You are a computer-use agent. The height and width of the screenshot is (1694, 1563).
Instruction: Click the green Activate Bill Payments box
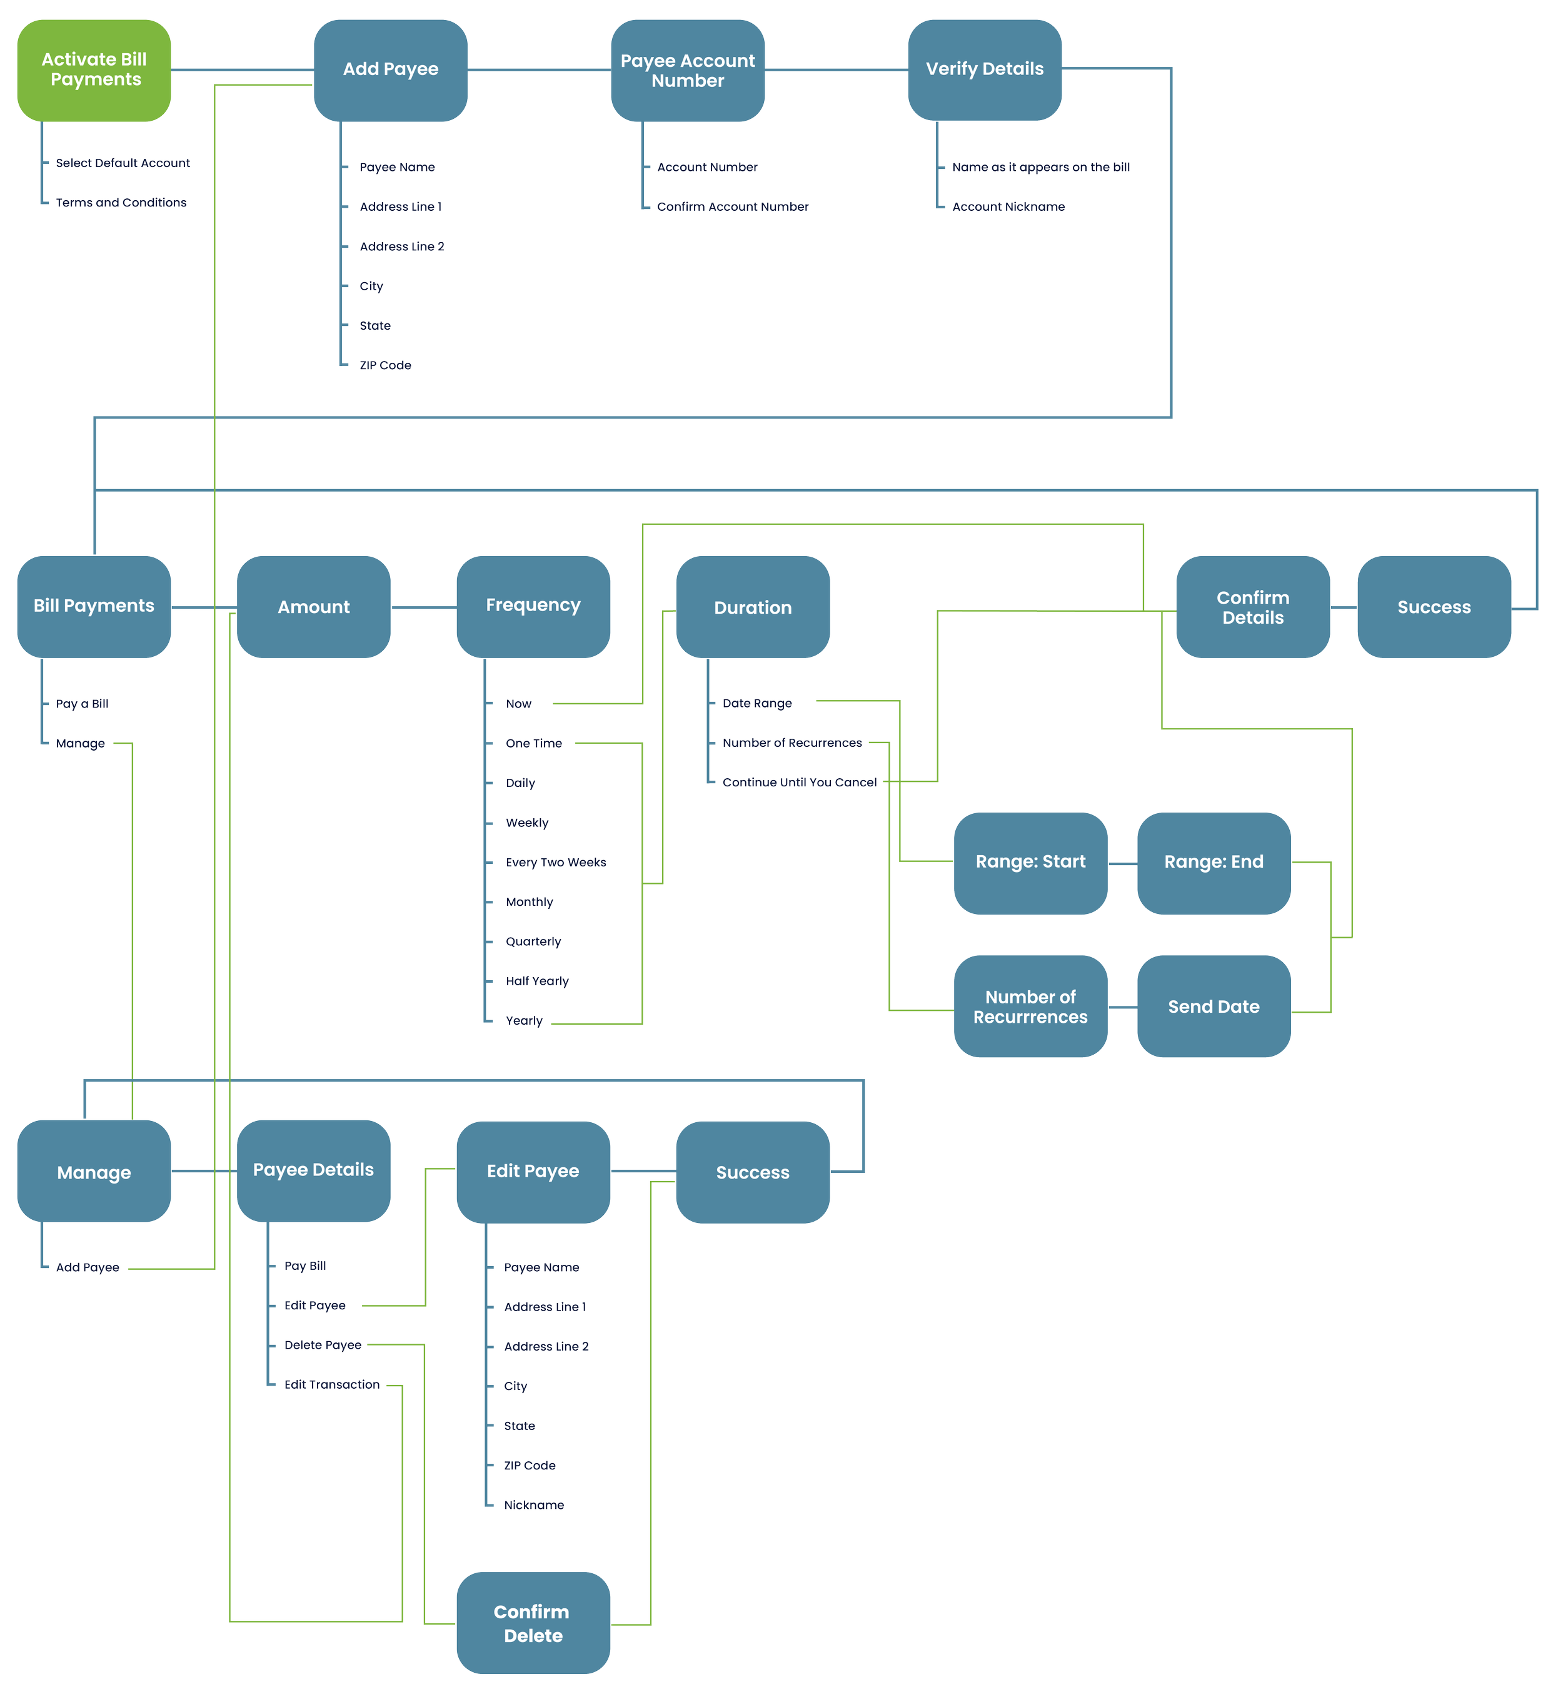(94, 69)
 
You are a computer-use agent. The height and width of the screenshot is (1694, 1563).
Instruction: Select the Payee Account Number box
(688, 70)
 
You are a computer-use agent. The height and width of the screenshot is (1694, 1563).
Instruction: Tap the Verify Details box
(985, 69)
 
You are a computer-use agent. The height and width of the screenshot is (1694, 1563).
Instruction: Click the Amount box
(313, 607)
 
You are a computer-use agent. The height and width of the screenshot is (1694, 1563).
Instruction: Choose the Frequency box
(533, 606)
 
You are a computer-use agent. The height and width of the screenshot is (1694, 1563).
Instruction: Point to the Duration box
(753, 607)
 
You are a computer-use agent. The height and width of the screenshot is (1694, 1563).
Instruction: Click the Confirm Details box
(1253, 607)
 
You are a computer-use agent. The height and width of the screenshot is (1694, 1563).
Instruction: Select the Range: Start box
(1030, 862)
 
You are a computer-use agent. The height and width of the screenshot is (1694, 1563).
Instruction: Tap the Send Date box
(1214, 1006)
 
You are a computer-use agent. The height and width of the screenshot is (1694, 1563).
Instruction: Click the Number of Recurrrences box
(1030, 1006)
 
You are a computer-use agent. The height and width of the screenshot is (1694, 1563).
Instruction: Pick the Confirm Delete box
(533, 1623)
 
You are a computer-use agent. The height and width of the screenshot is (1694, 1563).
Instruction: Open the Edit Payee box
(533, 1171)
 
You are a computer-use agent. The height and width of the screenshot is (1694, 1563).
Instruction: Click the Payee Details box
(313, 1170)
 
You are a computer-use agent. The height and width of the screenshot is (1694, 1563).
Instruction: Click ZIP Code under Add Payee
(385, 365)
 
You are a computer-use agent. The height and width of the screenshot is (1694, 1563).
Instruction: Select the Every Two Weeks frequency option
(556, 862)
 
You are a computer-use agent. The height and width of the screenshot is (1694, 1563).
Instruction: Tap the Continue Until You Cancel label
(799, 783)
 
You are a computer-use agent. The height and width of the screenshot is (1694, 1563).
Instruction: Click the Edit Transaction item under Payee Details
(331, 1384)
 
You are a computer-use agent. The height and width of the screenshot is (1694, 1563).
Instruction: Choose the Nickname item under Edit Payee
(534, 1505)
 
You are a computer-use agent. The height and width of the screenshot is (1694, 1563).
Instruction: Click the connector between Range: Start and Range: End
(1122, 864)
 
